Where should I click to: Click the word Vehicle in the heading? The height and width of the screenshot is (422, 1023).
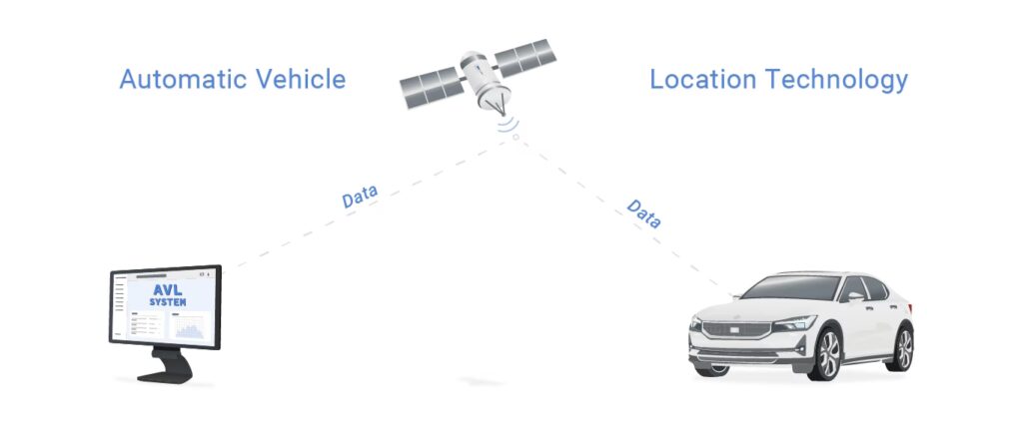click(296, 79)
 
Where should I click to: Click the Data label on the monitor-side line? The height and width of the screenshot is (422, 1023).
click(360, 197)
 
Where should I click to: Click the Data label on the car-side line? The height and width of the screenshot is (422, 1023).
click(643, 213)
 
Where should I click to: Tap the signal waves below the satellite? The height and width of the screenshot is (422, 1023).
click(511, 124)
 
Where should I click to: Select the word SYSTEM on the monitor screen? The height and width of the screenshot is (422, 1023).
click(167, 301)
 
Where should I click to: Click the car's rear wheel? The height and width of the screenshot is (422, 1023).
click(902, 349)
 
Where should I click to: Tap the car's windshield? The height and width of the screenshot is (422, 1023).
click(789, 287)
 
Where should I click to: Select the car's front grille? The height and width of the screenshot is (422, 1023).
click(729, 328)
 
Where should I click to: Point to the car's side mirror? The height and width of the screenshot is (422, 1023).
click(856, 296)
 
